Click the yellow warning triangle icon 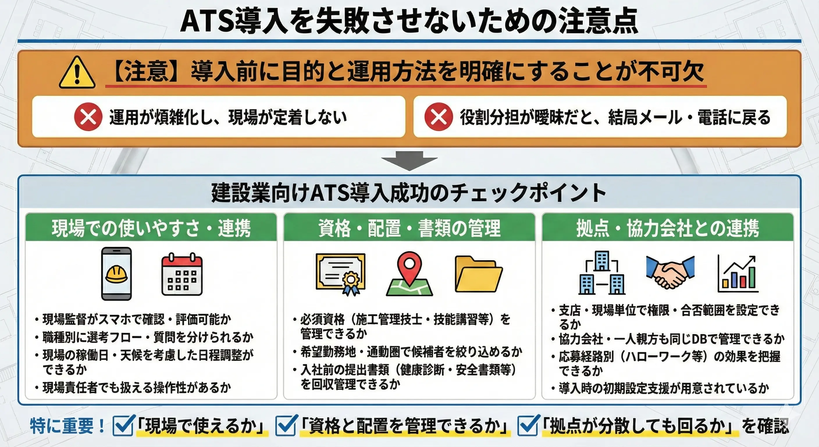77,73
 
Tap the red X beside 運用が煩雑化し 88,117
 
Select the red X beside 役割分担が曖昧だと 439,117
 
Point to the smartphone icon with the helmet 116,274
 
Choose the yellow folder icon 478,274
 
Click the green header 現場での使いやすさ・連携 151,228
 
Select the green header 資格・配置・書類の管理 409,228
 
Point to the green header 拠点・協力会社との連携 668,228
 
